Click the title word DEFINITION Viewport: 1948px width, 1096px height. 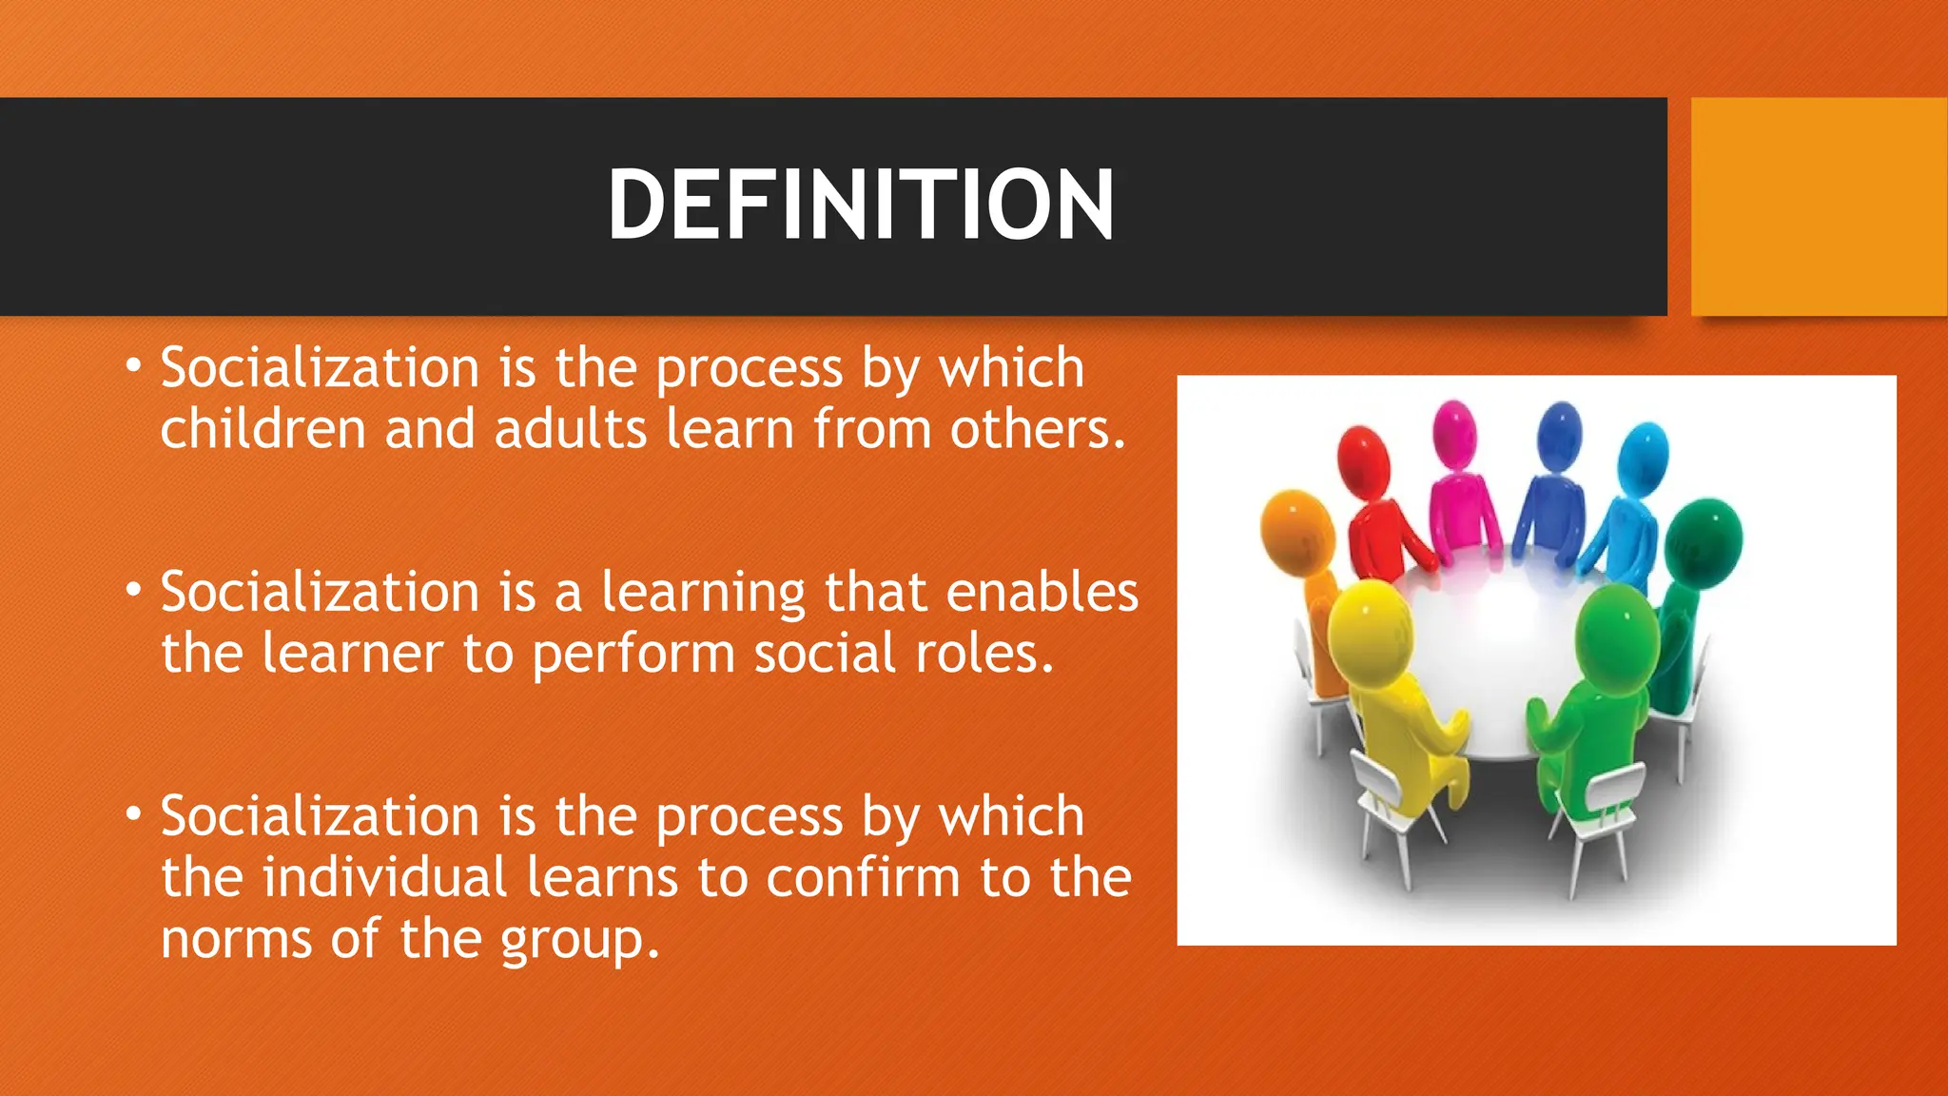tap(860, 205)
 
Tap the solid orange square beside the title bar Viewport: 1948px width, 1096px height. tap(1819, 206)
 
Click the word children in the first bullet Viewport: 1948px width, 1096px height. tap(263, 429)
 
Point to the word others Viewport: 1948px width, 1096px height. tap(1037, 429)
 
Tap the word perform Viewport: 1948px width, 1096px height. tap(633, 654)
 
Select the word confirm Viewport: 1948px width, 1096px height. tap(863, 877)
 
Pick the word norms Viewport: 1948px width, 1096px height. tap(236, 939)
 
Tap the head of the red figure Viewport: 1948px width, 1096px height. tap(1364, 458)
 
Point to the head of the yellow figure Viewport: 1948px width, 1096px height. tap(1368, 628)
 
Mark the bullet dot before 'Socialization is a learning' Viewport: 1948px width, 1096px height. tap(134, 591)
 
